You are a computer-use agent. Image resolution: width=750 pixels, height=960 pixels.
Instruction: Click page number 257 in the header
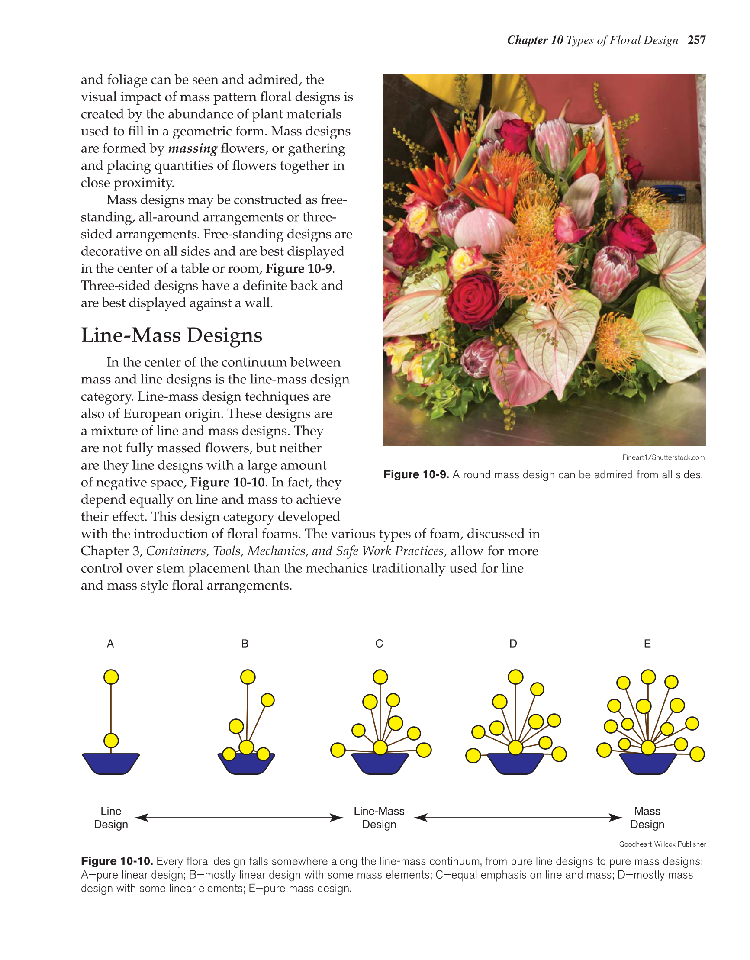pos(697,40)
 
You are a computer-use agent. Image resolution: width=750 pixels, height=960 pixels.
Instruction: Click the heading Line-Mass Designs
pos(171,335)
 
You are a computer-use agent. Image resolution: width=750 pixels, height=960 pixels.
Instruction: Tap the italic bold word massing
pos(193,148)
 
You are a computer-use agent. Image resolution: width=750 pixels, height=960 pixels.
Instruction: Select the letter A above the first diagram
pos(110,644)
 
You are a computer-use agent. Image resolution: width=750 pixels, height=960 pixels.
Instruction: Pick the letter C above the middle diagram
pos(379,644)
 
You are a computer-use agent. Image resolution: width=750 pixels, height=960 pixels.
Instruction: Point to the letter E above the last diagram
pos(647,644)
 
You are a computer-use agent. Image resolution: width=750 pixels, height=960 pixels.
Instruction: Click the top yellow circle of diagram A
pos(111,677)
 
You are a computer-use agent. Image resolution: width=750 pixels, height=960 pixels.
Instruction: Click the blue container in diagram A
pos(111,763)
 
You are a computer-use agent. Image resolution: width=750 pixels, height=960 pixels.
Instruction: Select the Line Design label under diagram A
pos(111,818)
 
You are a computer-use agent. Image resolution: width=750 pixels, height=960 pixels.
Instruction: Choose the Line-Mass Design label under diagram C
pos(379,818)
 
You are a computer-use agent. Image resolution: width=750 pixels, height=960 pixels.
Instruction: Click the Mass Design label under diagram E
pos(647,818)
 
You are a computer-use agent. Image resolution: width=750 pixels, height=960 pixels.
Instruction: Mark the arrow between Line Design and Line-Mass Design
pos(239,818)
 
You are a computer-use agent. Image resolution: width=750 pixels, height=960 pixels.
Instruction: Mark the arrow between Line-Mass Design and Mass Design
pos(518,818)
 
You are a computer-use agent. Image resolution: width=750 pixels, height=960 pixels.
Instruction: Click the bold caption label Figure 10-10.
pos(117,861)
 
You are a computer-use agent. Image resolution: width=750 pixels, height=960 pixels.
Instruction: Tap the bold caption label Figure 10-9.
pos(416,475)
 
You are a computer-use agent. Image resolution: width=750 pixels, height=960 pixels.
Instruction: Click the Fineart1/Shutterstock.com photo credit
pos(663,457)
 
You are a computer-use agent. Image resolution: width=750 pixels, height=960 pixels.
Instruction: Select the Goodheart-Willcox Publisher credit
pos(662,844)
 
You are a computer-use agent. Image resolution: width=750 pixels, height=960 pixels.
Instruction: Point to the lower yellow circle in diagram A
pos(111,741)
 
